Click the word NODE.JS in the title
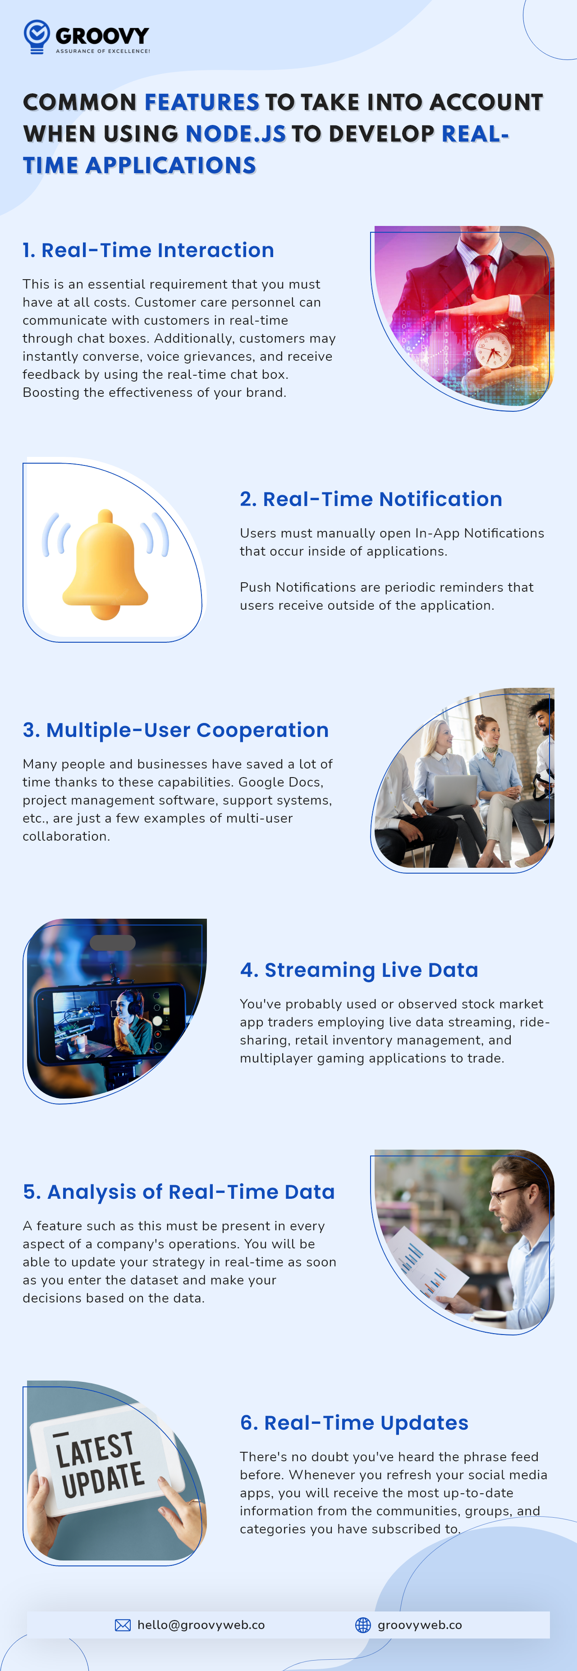235,133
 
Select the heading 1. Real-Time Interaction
148,250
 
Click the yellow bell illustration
105,564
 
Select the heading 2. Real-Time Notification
371,499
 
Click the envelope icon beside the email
123,1625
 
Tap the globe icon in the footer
363,1625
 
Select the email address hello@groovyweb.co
201,1625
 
